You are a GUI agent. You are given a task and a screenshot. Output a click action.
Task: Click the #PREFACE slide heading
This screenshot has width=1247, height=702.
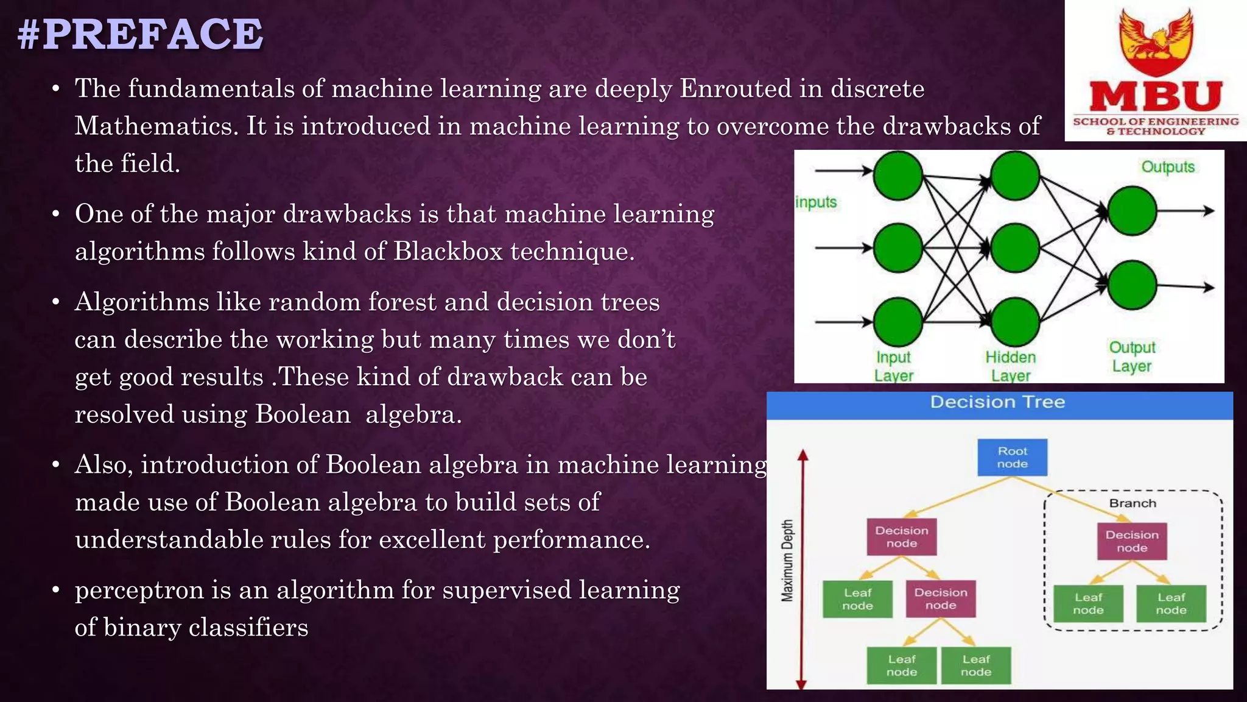tap(141, 34)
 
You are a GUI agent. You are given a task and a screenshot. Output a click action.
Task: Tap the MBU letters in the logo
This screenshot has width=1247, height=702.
tap(1155, 97)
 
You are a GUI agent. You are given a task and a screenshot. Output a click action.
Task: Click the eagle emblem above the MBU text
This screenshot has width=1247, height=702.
tap(1156, 40)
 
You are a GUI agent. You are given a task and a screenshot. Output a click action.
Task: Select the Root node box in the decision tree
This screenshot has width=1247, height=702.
tap(1012, 457)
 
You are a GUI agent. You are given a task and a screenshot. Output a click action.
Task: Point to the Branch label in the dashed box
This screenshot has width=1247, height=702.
tap(1132, 503)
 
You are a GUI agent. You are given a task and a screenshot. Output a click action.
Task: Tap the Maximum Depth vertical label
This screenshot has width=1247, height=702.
tap(788, 561)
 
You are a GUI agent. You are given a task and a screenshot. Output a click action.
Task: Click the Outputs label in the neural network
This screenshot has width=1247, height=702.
tap(1167, 167)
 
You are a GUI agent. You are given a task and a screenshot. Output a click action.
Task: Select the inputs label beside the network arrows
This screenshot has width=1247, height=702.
tap(817, 202)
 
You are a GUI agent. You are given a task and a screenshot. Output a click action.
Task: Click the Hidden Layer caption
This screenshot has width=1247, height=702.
tap(1011, 366)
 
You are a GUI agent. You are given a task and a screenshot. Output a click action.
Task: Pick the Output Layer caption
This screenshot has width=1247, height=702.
tap(1132, 356)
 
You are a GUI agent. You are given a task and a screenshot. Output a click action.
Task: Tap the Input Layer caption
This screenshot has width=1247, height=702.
tap(893, 366)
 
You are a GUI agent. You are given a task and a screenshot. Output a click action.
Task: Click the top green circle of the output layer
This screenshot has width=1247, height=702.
tap(1132, 211)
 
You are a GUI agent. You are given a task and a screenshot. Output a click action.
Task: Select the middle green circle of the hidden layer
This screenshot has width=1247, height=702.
tap(1014, 248)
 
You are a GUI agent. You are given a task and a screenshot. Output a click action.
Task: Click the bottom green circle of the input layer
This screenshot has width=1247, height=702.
tap(897, 322)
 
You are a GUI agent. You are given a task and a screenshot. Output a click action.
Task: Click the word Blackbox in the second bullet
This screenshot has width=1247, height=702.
tap(448, 251)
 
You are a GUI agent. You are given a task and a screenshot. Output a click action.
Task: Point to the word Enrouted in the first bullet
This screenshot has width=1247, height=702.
tap(736, 89)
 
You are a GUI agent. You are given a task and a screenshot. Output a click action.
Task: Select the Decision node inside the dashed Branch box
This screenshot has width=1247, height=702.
tap(1132, 541)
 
